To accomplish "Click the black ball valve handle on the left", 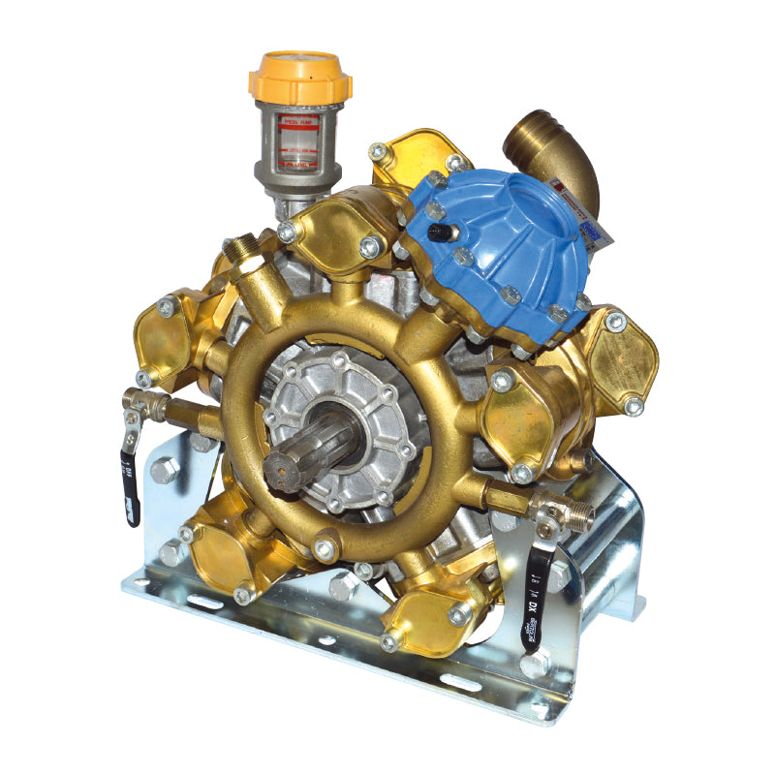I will coord(130,480).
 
